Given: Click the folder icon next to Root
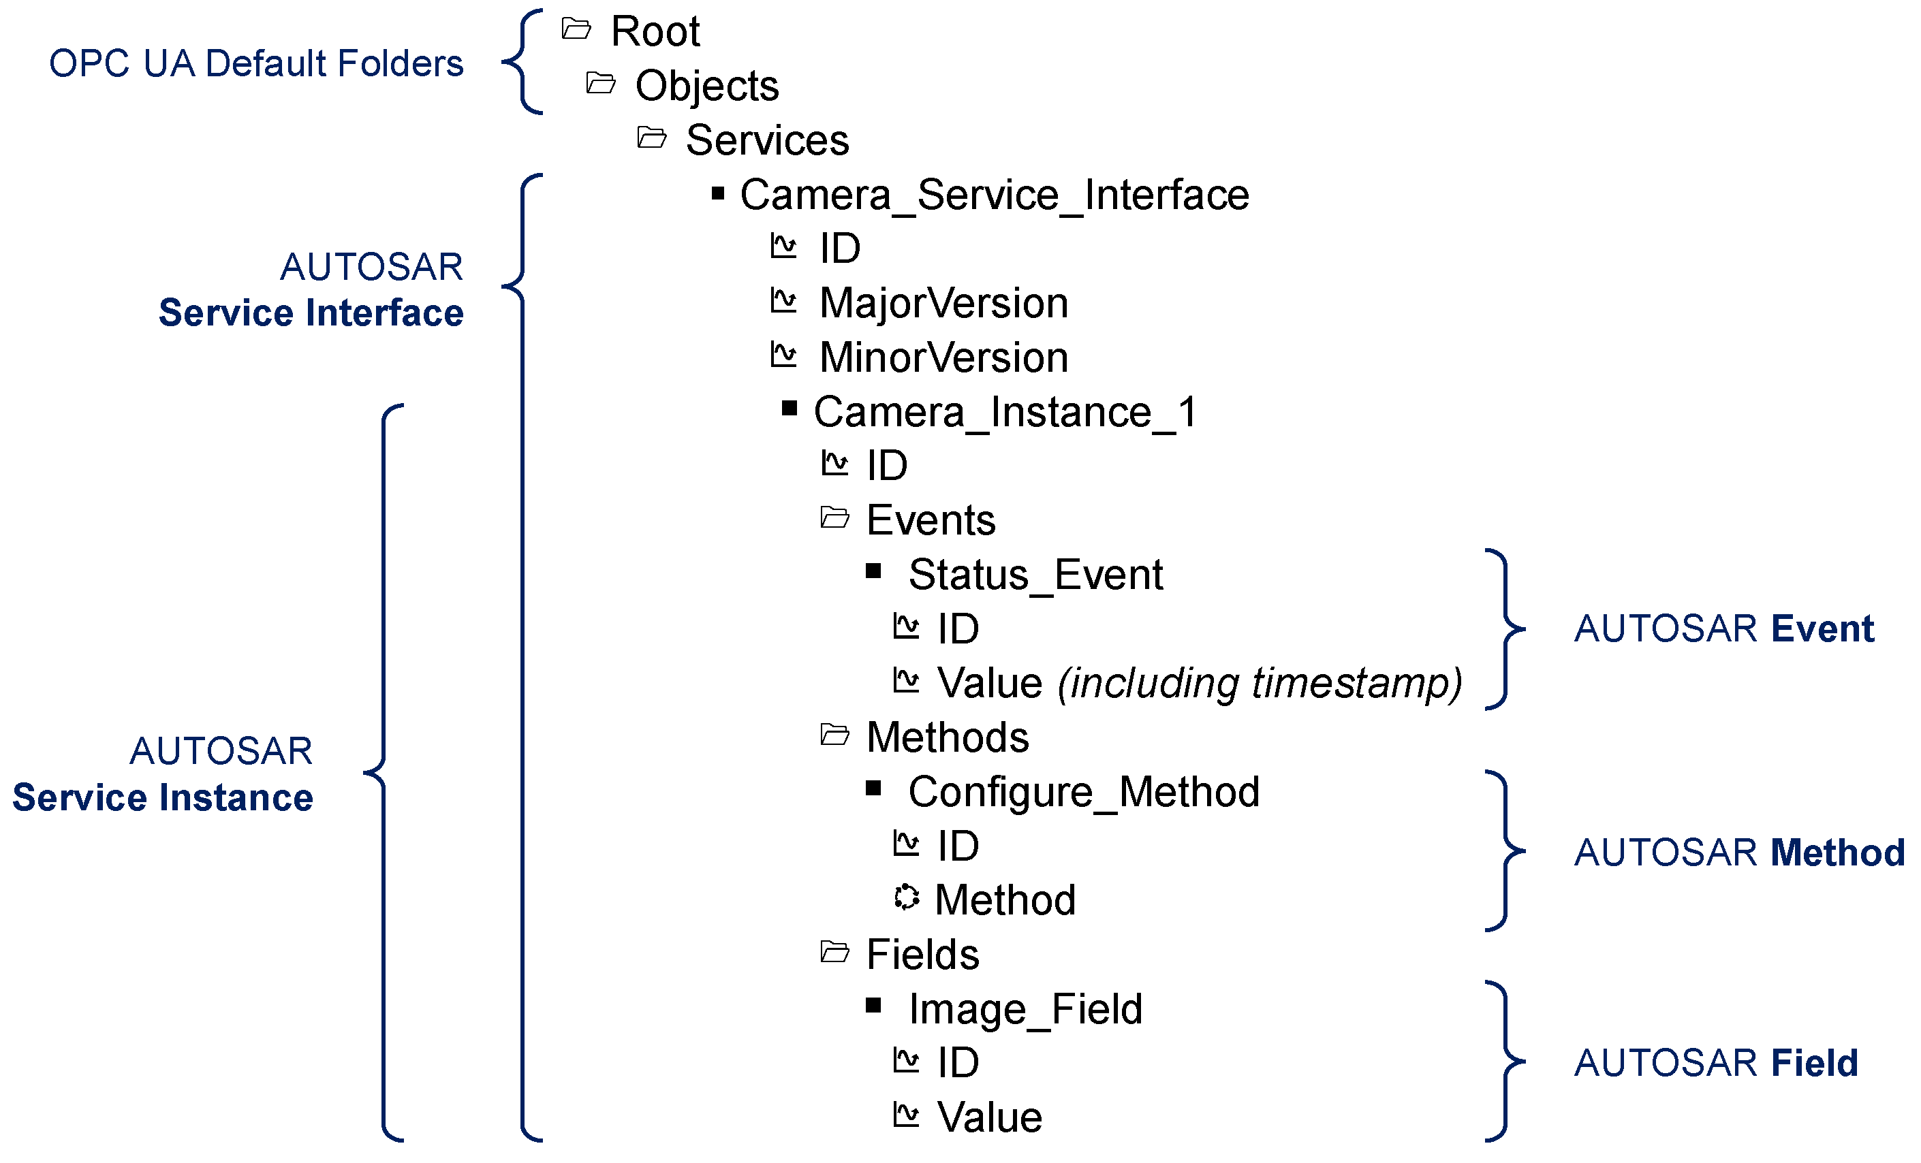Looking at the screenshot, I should coord(576,30).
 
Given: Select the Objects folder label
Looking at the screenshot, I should coord(706,86).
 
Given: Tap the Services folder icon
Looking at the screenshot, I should coord(652,138).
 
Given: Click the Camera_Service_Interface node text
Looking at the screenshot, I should coord(994,195).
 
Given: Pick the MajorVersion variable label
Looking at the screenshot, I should coord(943,303).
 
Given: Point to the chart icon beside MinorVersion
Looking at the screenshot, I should coord(783,355).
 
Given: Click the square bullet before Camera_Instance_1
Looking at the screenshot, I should coord(789,409).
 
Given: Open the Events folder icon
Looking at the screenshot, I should coord(835,517).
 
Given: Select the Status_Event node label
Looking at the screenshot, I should coord(1035,575).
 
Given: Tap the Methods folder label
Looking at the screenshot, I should coord(948,737).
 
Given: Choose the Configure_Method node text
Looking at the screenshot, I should coord(1084,793).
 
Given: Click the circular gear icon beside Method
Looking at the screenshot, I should coord(906,897).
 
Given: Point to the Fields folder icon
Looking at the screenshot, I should coord(835,953).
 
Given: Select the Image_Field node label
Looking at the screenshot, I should coord(1025,1009).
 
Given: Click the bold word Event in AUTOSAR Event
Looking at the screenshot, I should coord(1822,629).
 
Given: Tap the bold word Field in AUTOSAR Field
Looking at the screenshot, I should coord(1814,1063).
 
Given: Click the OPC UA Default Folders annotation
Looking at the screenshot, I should coord(255,64).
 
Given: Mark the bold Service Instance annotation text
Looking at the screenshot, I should coord(162,798).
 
